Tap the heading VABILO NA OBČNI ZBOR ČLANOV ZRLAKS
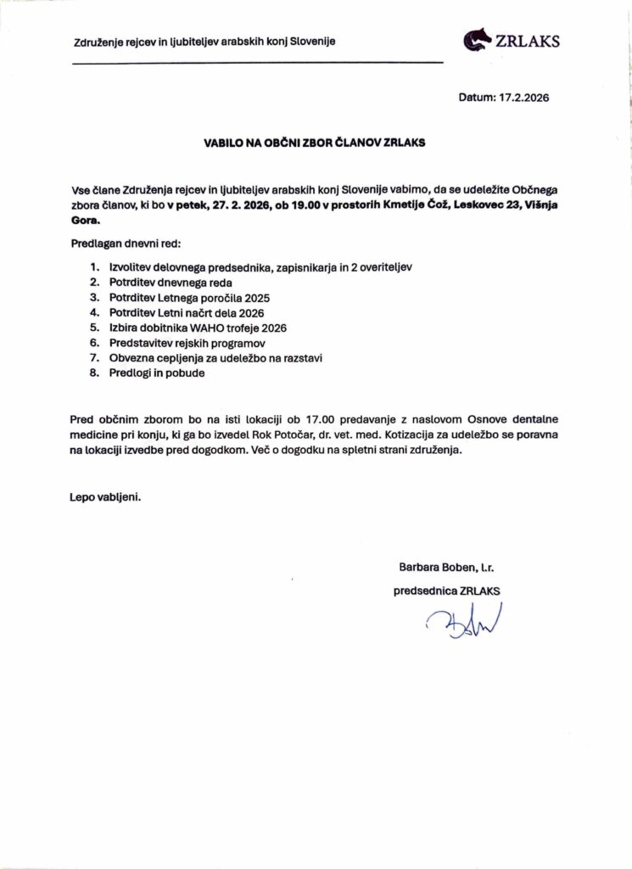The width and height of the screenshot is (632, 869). [315, 143]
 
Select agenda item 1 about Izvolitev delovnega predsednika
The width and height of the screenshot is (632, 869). [260, 267]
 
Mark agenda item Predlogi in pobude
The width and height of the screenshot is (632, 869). [157, 373]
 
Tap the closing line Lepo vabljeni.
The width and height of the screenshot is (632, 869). [105, 496]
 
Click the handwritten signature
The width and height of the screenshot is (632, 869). [465, 625]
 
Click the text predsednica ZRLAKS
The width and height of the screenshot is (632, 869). [446, 589]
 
